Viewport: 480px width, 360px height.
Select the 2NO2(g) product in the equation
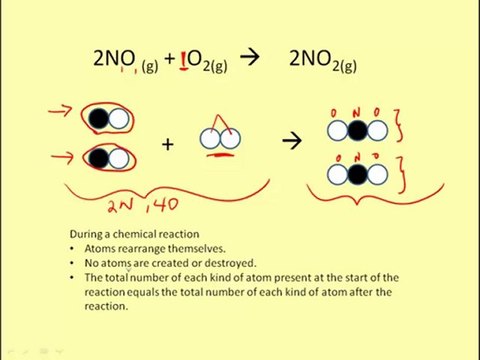click(322, 60)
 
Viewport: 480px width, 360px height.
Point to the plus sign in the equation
click(170, 59)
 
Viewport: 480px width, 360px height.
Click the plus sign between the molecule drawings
click(167, 144)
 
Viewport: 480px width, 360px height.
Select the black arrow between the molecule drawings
click(291, 142)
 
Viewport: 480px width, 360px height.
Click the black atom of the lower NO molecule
click(99, 158)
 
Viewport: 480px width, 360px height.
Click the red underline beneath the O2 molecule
click(218, 155)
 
